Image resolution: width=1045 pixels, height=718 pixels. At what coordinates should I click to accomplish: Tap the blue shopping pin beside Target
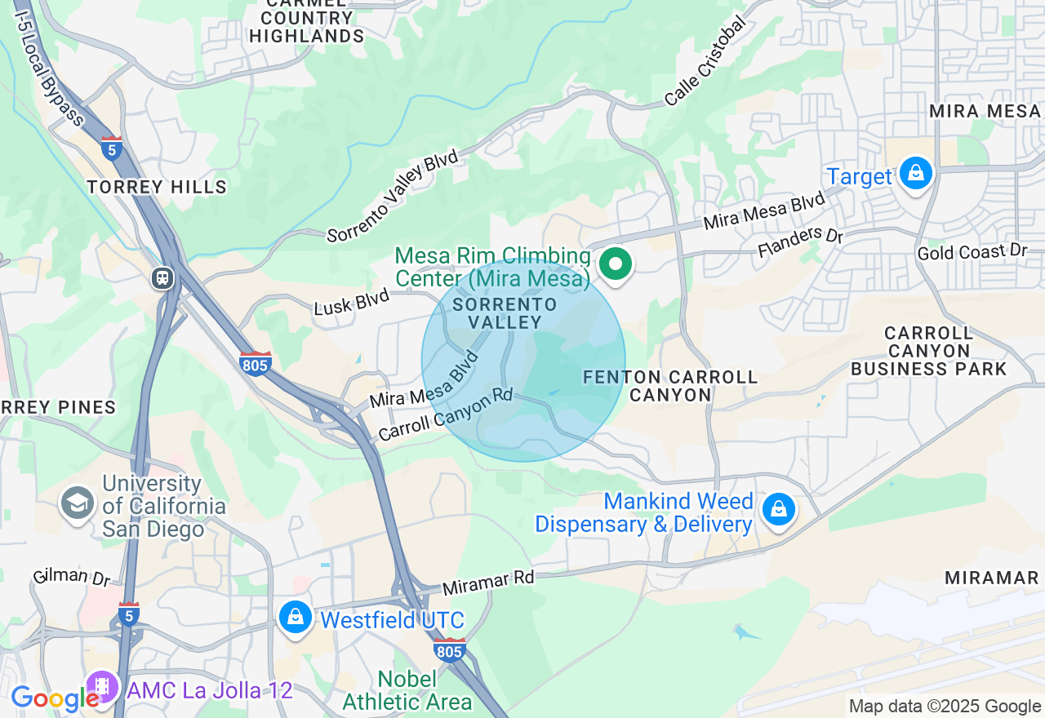click(x=916, y=174)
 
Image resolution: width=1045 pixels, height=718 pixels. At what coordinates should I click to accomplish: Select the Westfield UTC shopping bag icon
click(x=295, y=618)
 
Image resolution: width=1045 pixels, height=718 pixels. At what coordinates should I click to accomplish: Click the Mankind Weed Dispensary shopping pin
click(x=779, y=510)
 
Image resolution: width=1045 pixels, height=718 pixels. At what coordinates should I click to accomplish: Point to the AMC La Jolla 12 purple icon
click(x=103, y=688)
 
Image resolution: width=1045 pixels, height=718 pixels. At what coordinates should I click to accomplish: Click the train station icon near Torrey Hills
click(x=163, y=278)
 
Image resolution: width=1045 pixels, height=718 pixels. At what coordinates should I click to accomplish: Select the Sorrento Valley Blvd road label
click(x=393, y=197)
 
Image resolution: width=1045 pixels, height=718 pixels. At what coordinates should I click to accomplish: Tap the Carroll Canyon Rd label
click(x=445, y=414)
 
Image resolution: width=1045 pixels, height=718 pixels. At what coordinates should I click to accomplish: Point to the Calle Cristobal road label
click(x=705, y=62)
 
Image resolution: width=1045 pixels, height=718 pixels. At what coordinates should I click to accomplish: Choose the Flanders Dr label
click(x=800, y=242)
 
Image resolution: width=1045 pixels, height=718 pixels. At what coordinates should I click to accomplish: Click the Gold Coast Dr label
click(x=972, y=251)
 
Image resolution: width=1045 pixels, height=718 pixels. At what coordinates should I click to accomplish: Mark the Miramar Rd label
click(x=487, y=582)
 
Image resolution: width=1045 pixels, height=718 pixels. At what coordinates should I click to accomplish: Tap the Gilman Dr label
click(x=72, y=576)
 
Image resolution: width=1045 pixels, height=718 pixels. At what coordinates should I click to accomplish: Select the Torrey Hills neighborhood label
click(x=157, y=187)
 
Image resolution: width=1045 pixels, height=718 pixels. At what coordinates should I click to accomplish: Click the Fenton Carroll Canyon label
click(x=670, y=386)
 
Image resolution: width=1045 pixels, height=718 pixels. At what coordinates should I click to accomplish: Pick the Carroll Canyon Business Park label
click(x=929, y=351)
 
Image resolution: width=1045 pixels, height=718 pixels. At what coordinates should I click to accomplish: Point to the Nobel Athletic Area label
click(x=407, y=690)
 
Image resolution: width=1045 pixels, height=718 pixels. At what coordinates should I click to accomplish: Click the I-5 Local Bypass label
click(x=49, y=70)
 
